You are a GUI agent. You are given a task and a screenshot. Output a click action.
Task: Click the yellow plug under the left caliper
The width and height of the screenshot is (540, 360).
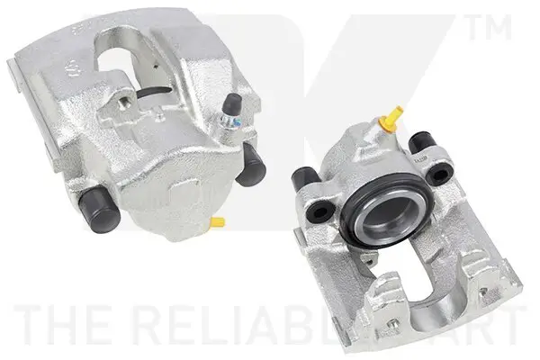point(217,220)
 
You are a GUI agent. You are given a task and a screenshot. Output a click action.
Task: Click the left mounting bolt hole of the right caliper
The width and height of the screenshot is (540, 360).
point(319,213)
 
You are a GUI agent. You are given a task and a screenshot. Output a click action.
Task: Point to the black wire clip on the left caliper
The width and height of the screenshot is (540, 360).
point(153,90)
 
